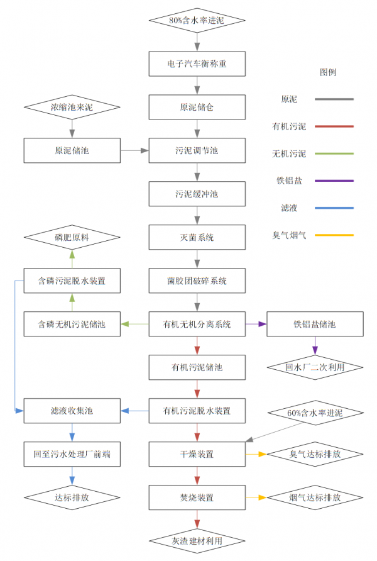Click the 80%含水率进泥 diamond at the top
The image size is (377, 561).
coord(197,20)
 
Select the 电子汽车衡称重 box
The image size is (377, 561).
coord(197,64)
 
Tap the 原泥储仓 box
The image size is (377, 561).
coord(197,107)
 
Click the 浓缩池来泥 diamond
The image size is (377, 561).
coord(72,108)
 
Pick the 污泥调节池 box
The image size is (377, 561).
coord(197,150)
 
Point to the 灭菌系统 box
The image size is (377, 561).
coord(197,237)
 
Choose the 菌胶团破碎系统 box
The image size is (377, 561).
coord(197,280)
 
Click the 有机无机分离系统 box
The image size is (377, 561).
coord(197,324)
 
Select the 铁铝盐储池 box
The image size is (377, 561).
coord(315,324)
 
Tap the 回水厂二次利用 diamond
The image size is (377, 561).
coord(315,367)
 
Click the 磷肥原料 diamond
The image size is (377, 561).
coord(72,237)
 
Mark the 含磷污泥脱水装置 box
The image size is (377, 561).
coord(72,280)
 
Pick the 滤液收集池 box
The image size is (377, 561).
coord(72,411)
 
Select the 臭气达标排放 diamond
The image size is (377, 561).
coord(315,453)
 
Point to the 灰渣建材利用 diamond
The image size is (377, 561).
coord(197,540)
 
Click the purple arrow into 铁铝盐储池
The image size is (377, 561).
coord(256,324)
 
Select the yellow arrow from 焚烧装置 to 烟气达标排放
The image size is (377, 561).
coord(256,497)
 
